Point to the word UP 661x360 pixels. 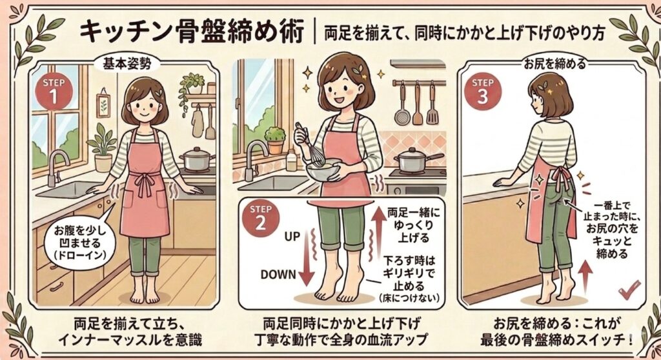(x=294, y=237)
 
